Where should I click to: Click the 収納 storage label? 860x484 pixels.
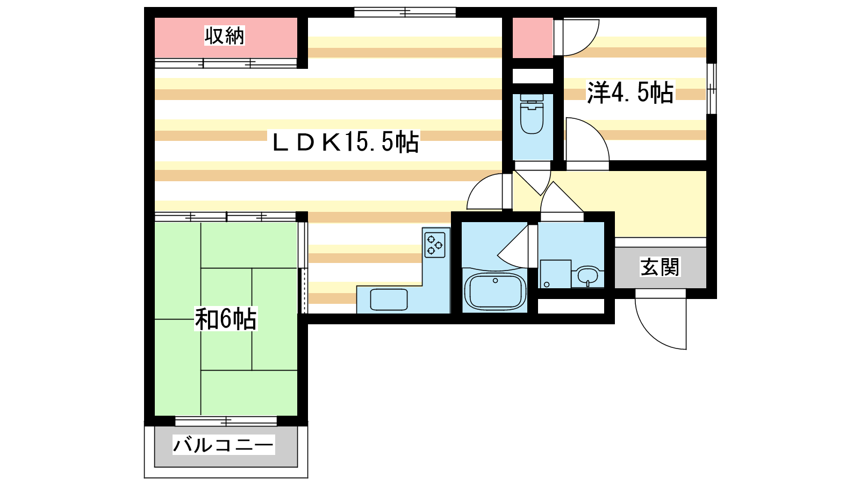coord(224,35)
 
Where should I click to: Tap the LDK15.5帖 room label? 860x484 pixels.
coord(346,142)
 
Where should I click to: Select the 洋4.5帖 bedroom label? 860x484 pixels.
coord(630,92)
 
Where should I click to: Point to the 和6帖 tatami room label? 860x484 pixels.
coord(226,319)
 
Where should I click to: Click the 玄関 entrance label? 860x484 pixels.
coord(660,267)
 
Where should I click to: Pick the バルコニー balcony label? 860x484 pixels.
coord(224,445)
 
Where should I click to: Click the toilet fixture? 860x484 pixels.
coord(532,113)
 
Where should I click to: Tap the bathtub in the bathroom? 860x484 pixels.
coord(495,291)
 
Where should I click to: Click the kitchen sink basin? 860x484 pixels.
coord(389,300)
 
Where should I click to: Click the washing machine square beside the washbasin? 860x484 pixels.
coord(556,274)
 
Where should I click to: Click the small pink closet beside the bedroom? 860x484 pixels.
coord(533,38)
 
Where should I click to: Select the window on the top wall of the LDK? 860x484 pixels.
coord(405,12)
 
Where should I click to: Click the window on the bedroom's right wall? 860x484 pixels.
coord(712,89)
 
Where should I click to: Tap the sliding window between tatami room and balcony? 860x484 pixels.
coord(226,421)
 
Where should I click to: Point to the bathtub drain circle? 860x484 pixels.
coord(495,281)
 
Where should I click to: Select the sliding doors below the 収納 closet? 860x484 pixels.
coord(226,63)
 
